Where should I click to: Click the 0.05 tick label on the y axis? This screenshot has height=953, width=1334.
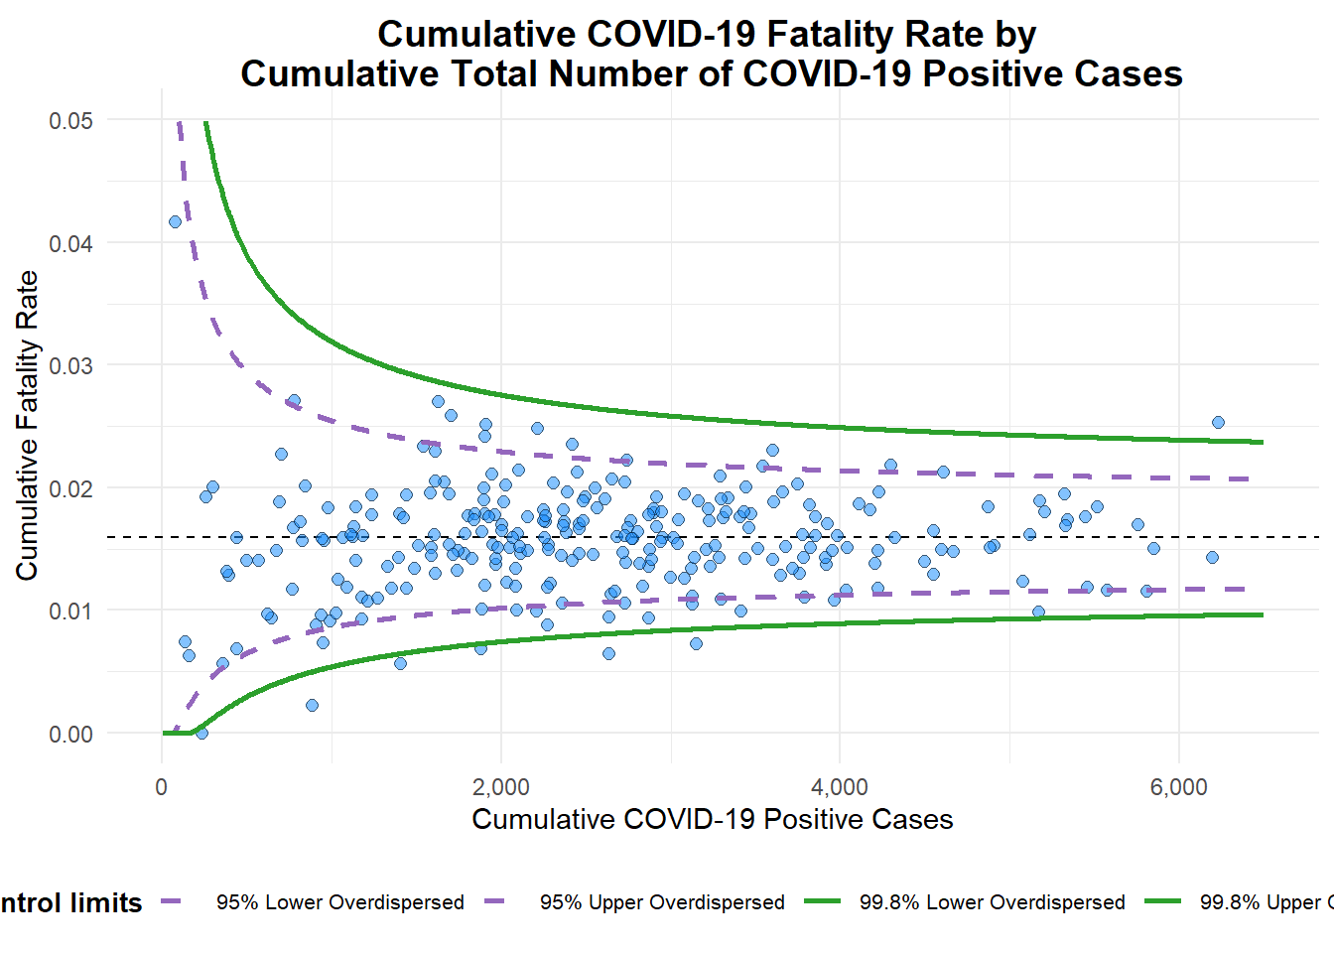point(70,120)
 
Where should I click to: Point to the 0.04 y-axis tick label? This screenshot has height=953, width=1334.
point(70,243)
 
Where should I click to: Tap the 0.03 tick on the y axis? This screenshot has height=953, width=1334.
point(70,365)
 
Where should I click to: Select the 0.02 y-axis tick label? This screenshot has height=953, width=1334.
point(70,488)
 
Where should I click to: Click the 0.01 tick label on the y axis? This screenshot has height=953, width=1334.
point(70,611)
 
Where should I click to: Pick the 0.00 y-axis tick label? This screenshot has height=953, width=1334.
point(70,734)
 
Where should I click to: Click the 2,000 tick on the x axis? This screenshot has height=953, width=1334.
point(501,788)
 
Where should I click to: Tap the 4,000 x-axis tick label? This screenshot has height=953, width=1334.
point(840,788)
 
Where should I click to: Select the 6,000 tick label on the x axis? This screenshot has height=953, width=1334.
point(1179,788)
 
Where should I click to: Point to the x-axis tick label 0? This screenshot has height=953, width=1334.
point(162,788)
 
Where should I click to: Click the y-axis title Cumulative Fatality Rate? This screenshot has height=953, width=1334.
point(27,426)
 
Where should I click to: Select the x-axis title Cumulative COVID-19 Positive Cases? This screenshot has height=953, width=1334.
point(712,819)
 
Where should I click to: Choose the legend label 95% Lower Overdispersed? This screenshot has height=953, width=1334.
point(340,902)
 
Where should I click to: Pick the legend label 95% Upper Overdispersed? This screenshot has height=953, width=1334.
point(662,902)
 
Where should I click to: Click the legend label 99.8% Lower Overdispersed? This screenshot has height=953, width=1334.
point(993,902)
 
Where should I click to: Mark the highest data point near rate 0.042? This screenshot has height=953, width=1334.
point(175,221)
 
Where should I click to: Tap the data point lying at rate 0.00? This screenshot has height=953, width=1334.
point(201,733)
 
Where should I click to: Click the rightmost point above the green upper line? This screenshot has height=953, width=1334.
point(1218,422)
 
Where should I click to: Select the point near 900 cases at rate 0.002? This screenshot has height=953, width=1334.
point(312,705)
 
